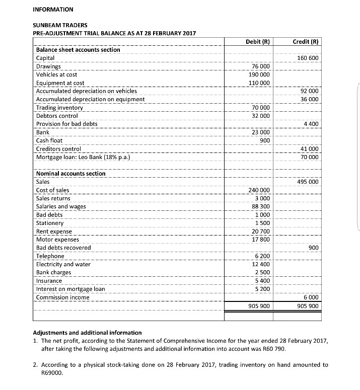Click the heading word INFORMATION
[x=53, y=10]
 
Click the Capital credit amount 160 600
[x=309, y=58]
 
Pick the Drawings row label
[x=48, y=66]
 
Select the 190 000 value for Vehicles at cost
[x=260, y=74]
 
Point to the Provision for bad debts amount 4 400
[x=312, y=124]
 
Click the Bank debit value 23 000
[x=261, y=132]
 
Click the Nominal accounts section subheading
[x=71, y=173]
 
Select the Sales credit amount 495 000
[x=309, y=182]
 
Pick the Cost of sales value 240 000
[x=260, y=190]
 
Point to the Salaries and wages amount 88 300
[x=261, y=206]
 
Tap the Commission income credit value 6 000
[x=312, y=297]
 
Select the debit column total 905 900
[x=260, y=306]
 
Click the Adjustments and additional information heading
[x=87, y=333]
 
